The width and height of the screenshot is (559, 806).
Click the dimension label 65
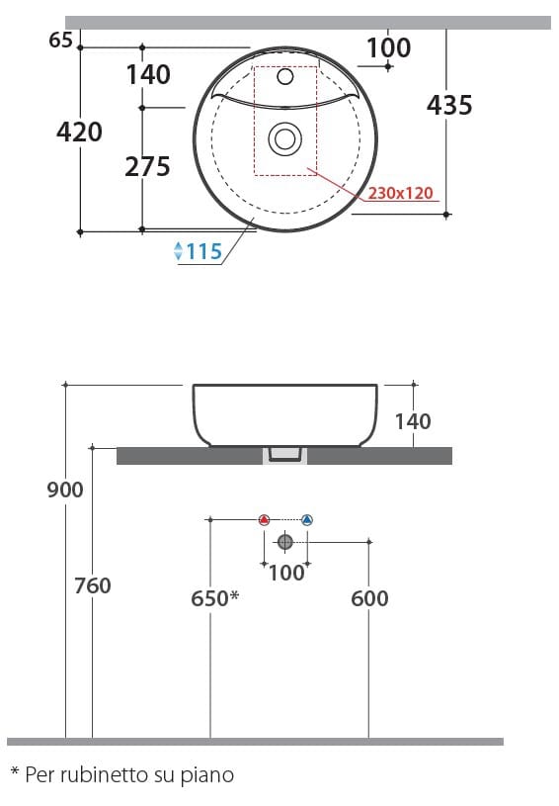(x=60, y=40)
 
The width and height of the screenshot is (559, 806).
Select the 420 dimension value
(x=79, y=132)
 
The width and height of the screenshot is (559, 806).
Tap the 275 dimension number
(x=147, y=167)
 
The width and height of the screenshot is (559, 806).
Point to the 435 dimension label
(x=449, y=105)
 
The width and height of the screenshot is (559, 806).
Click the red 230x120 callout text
(x=401, y=194)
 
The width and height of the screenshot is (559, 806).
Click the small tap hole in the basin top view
(x=285, y=76)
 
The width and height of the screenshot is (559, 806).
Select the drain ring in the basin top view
(x=285, y=139)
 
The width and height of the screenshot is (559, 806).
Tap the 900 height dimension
(x=65, y=490)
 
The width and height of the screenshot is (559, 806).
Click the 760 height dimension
(x=93, y=585)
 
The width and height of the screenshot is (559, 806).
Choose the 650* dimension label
(x=214, y=598)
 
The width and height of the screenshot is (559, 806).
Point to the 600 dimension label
(x=369, y=598)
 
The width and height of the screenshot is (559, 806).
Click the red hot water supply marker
(x=263, y=520)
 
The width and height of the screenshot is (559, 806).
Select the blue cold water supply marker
(x=306, y=520)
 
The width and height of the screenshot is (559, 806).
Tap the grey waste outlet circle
(x=285, y=541)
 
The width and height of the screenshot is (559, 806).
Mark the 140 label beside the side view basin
(x=412, y=421)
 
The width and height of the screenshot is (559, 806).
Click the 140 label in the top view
(x=148, y=74)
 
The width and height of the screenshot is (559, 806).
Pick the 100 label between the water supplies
(x=285, y=573)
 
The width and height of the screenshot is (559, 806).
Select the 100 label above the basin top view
(x=388, y=47)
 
